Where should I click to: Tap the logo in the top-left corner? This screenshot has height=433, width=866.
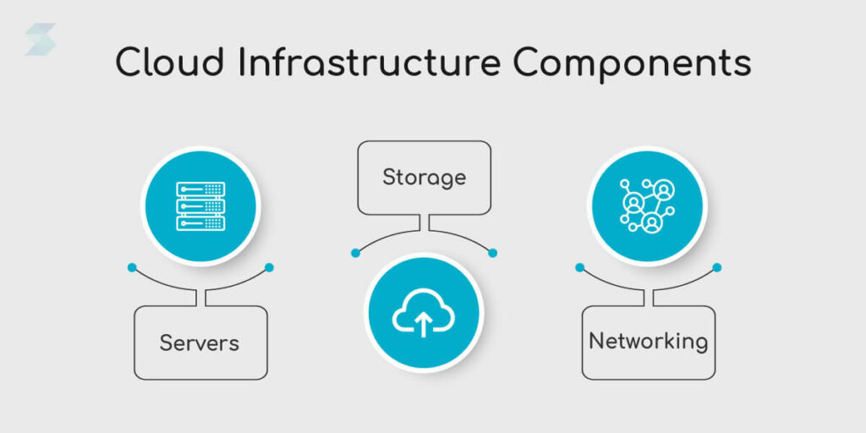click(40, 39)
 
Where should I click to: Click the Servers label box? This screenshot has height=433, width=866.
click(200, 343)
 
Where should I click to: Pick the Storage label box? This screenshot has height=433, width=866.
click(424, 178)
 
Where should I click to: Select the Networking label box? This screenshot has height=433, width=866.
click(648, 342)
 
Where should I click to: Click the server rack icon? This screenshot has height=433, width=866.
click(200, 206)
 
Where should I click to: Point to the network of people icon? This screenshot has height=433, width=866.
click(646, 206)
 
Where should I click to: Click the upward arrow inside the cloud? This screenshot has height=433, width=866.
click(424, 322)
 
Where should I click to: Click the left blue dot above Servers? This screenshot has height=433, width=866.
click(132, 267)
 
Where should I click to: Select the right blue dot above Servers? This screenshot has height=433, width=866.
click(269, 267)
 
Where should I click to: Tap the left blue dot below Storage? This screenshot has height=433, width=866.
click(355, 252)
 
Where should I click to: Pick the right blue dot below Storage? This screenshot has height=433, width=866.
click(492, 252)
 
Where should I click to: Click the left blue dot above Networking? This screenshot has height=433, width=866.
click(579, 267)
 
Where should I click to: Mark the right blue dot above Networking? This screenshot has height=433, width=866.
click(716, 267)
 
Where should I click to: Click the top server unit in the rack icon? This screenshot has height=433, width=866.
click(200, 189)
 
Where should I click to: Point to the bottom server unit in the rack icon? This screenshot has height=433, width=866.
click(200, 223)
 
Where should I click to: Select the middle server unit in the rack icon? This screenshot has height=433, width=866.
click(200, 206)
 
